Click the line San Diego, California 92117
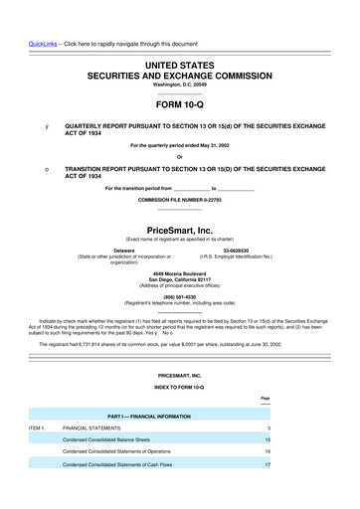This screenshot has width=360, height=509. pos(179,278)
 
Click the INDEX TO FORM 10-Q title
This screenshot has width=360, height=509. pos(179,383)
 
